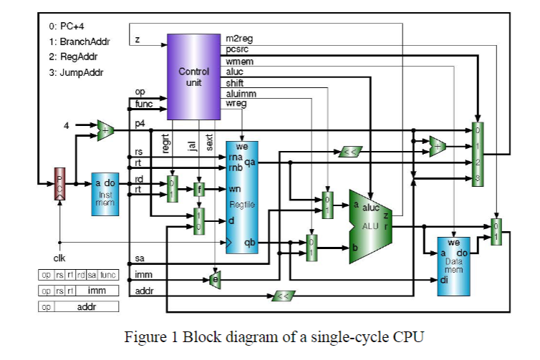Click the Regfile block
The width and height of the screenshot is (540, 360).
coord(242,197)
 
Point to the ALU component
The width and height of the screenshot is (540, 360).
coord(371,226)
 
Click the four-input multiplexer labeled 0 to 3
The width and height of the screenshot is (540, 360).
coord(478,154)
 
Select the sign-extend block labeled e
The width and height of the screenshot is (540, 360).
coord(213,279)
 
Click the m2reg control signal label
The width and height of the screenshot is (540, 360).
coord(238,38)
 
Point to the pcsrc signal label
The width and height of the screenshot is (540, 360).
coord(237,49)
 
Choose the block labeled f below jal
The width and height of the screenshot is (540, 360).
coord(200,189)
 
